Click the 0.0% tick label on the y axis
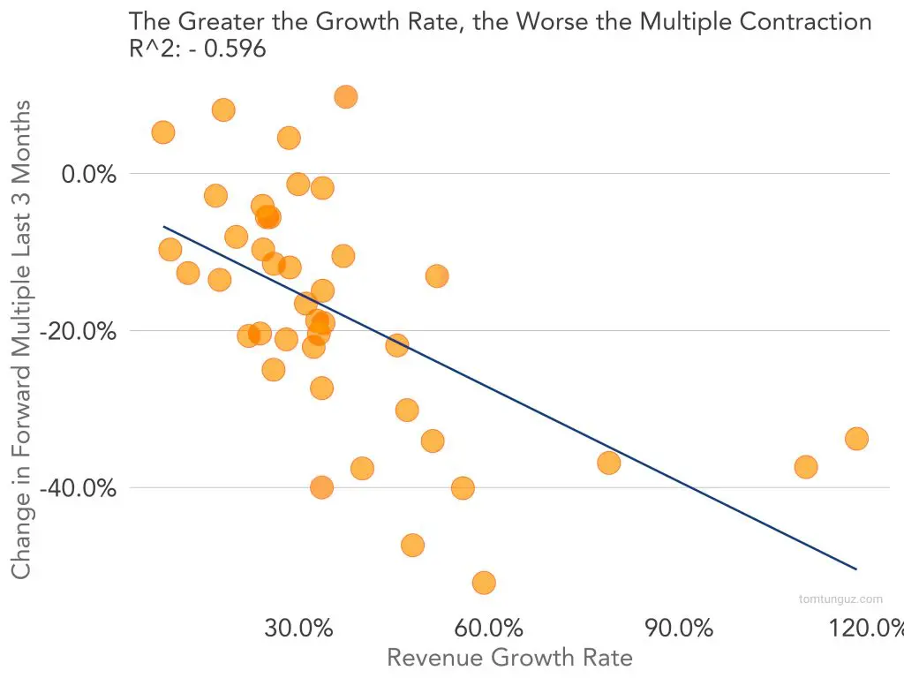coord(88,174)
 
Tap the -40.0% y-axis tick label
coord(79,487)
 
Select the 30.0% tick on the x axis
coord(298,629)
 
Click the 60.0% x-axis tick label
coord(488,629)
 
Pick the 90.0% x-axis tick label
coord(679,629)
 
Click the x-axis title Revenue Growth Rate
coord(509,658)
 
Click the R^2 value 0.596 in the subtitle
coord(235,49)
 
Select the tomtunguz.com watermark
coord(840,599)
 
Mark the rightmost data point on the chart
coord(856,439)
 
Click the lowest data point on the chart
coord(484,583)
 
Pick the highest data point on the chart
coord(346,97)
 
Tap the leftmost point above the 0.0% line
coord(163,132)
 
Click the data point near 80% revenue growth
coord(608,463)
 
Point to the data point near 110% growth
coord(805,467)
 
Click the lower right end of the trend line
coord(855,569)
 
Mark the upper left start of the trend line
coord(164,227)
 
